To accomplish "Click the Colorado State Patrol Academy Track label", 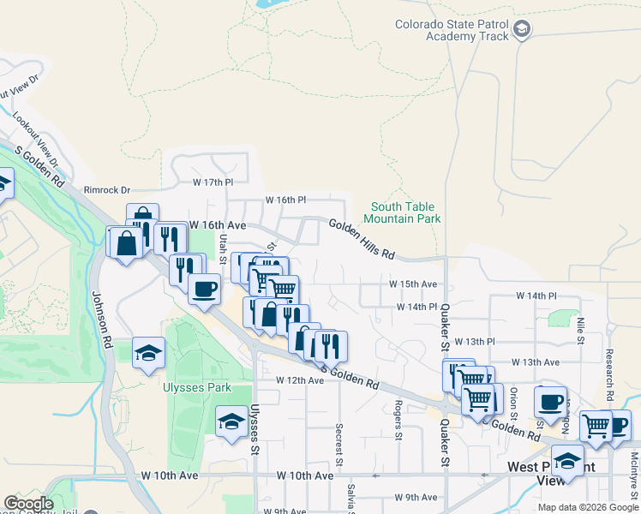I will [452, 30].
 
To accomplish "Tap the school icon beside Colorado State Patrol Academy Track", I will [521, 31].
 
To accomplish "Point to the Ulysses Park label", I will [197, 387].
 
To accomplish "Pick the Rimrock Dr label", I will [106, 189].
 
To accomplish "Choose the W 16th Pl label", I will [285, 200].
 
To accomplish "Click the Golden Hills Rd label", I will [362, 238].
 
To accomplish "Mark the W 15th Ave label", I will [413, 284].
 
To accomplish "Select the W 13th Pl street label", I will [475, 341].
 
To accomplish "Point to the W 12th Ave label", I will [299, 380].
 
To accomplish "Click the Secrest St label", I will [339, 444].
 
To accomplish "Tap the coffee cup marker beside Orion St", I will [550, 401].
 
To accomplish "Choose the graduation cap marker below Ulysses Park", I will [231, 421].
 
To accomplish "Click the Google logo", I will [28, 504].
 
